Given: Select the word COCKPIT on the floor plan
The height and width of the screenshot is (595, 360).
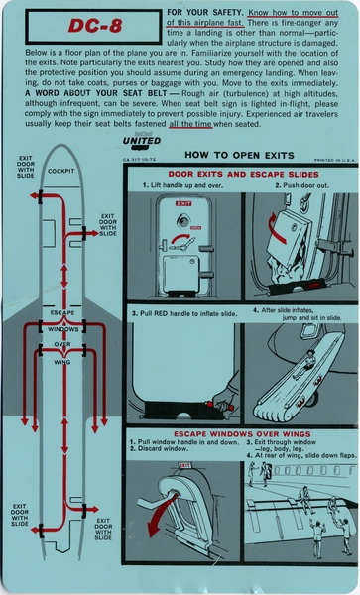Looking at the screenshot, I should (62, 171).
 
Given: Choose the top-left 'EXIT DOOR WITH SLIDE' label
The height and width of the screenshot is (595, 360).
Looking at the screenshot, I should (25, 168).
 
